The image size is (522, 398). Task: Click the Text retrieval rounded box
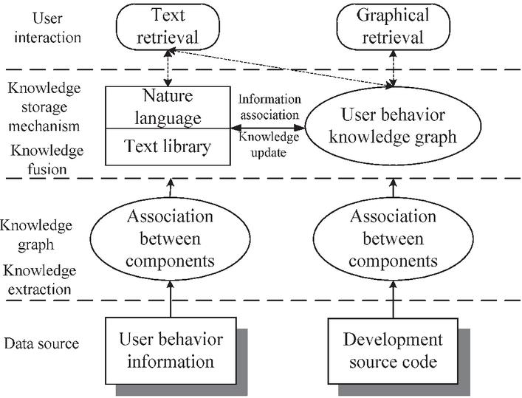[x=168, y=27]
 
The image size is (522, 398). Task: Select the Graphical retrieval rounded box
[x=394, y=27]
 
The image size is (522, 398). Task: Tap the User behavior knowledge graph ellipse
[x=394, y=126]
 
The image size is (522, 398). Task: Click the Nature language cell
[x=168, y=107]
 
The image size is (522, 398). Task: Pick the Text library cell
[x=168, y=147]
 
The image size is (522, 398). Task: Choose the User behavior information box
[x=171, y=351]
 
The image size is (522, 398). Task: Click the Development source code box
[x=393, y=351]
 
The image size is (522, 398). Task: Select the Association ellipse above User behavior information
[x=170, y=239]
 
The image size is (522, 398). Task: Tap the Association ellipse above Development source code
[x=394, y=239]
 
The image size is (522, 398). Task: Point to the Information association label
[x=269, y=107]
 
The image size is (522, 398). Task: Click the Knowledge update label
[x=268, y=145]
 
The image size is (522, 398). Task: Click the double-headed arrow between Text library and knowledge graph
[x=268, y=128]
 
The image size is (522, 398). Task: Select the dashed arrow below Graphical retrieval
[x=394, y=68]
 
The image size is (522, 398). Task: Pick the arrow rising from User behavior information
[x=171, y=299]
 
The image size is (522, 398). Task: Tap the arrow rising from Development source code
[x=394, y=299]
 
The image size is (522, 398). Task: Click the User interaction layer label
[x=47, y=27]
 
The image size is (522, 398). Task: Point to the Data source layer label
[x=41, y=343]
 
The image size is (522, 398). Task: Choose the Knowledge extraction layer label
[x=40, y=280]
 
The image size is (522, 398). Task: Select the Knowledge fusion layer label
[x=47, y=159]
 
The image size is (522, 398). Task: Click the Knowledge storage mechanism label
[x=44, y=107]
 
